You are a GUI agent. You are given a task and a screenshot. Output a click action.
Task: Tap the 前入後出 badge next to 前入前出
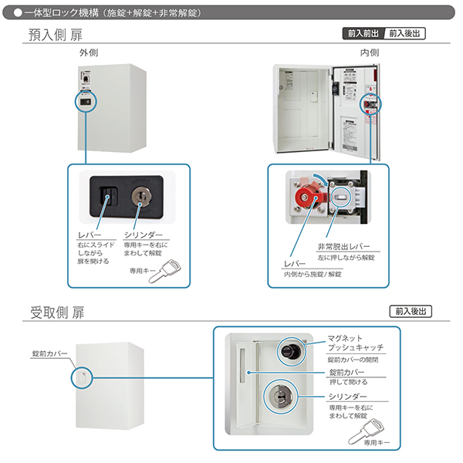405,34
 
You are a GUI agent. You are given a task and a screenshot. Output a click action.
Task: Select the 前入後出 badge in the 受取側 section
411,312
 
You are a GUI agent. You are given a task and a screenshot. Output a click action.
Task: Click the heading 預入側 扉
55,35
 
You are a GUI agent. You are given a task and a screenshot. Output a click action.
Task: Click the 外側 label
88,52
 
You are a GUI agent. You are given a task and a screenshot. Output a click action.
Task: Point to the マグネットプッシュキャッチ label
355,343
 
